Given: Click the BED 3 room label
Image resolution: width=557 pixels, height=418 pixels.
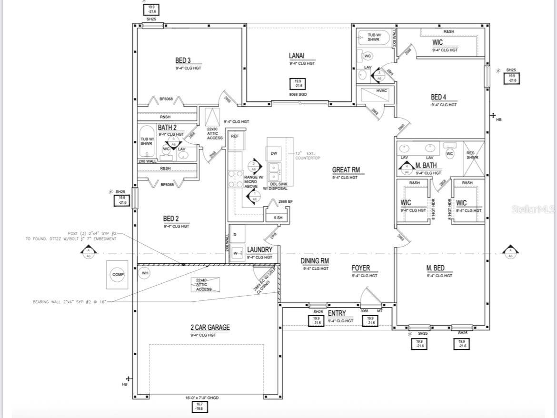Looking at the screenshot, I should click(183, 60).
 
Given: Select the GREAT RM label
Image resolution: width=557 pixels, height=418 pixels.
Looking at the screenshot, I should click(346, 170).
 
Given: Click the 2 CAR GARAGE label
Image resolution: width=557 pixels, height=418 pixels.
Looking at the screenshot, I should click(210, 328).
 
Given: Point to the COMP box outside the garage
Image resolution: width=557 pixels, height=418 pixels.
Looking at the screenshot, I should click(117, 275).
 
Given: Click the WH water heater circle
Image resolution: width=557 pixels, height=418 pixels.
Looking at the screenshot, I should click(145, 273).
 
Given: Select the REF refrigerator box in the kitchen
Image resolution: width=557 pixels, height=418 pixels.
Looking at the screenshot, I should click(234, 136).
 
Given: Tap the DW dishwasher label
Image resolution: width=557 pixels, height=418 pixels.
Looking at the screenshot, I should click(274, 153).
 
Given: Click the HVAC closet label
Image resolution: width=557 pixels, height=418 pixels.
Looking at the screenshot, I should click(382, 90).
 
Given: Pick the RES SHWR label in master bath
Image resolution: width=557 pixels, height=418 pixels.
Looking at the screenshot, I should click(473, 155).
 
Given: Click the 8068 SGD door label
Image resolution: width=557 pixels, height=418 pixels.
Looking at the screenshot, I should click(298, 95).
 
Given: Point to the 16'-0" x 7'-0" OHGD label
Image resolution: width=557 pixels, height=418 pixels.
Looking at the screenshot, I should click(201, 398).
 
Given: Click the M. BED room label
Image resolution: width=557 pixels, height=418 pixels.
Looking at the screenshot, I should click(436, 268).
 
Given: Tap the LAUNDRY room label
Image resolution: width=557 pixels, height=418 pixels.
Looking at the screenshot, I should click(259, 250).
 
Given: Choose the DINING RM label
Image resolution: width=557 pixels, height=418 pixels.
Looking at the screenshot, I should click(315, 261).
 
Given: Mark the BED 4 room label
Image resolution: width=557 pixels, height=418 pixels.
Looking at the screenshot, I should click(439, 97).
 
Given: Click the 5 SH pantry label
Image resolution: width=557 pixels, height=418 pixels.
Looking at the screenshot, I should click(278, 218).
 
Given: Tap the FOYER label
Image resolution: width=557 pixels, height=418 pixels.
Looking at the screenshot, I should click(361, 268).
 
